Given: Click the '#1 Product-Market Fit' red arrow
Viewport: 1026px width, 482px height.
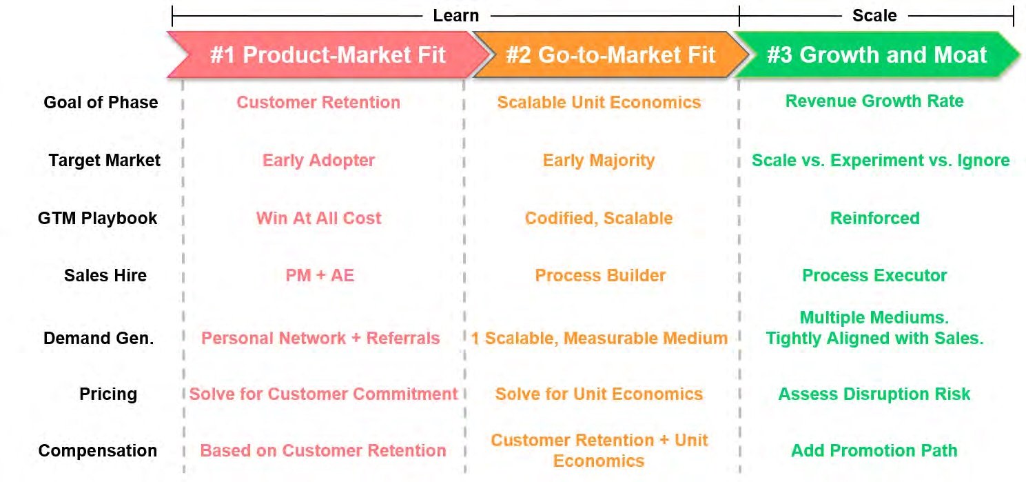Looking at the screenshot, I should [328, 55].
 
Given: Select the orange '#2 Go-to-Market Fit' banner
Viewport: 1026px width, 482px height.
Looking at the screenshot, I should [611, 55].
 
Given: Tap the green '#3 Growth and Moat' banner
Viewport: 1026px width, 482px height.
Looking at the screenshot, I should [877, 55].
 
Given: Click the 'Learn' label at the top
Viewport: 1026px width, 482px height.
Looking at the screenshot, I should [455, 15].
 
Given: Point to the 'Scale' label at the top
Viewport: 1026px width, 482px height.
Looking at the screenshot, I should [874, 15].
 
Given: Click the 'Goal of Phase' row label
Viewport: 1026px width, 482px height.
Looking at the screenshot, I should [101, 103].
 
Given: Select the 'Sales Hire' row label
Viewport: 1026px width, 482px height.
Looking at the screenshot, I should [105, 276].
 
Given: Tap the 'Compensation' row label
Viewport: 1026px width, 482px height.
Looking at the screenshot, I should [98, 451].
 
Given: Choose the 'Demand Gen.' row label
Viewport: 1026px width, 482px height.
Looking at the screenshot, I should [99, 339].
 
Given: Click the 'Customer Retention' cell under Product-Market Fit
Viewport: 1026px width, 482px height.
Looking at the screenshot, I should [318, 103].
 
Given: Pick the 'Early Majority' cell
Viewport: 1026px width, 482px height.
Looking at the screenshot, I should [599, 161].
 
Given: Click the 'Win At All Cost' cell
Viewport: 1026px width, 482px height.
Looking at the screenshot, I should [318, 219].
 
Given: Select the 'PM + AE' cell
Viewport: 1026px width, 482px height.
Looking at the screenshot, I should [320, 276].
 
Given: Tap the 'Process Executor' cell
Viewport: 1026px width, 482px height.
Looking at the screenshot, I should [874, 276].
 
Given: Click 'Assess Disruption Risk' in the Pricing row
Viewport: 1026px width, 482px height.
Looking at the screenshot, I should [874, 394].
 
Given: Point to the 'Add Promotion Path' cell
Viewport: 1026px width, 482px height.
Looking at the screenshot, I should [874, 451].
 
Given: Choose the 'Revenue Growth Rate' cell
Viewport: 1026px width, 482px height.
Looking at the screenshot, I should [874, 101].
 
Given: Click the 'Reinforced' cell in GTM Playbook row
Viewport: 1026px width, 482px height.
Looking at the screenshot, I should [874, 219].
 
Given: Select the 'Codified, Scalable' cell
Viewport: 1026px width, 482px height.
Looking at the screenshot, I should [599, 219].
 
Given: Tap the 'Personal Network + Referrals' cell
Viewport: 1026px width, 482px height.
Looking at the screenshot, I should [320, 339].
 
